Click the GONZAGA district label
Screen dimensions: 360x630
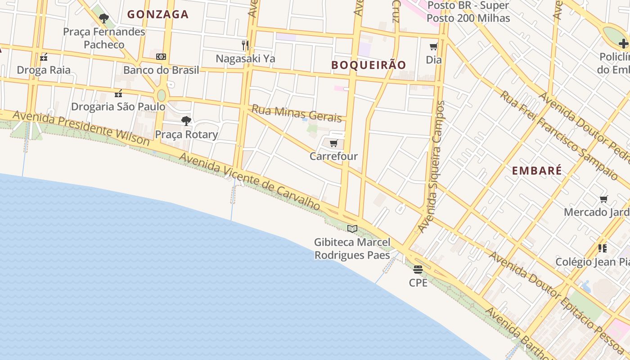(157, 14)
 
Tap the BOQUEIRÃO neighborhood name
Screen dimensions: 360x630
(369, 65)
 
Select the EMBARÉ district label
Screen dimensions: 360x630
(537, 171)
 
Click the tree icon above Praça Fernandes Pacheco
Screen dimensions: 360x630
(104, 18)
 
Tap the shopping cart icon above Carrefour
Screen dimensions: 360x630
(333, 144)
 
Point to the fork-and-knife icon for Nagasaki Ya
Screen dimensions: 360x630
(245, 45)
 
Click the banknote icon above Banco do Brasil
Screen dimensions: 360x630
(161, 57)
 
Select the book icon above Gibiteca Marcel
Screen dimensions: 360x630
(352, 229)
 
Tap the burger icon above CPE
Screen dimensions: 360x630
(418, 270)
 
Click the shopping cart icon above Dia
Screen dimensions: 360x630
(434, 47)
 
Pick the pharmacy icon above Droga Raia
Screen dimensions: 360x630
(44, 57)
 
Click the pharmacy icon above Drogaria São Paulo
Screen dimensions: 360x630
(118, 94)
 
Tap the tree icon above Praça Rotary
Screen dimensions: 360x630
(186, 121)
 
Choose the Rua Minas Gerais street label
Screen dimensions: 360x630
(297, 113)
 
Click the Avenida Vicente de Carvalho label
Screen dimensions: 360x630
(250, 181)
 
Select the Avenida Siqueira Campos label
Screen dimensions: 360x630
(432, 166)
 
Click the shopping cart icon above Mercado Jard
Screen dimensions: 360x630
(603, 199)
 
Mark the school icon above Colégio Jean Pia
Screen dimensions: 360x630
(603, 248)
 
